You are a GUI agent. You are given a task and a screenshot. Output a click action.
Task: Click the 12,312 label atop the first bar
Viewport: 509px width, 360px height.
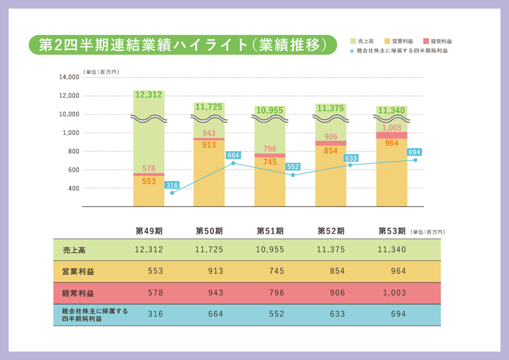click(149, 95)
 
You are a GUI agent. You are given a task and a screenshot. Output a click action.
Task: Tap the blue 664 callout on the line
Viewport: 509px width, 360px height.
click(233, 155)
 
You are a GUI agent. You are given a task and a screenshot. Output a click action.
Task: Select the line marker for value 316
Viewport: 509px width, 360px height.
click(172, 193)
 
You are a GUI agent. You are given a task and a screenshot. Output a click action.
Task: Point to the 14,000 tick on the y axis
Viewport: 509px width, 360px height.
click(69, 77)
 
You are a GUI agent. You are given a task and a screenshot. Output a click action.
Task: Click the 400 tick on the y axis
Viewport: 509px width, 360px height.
click(73, 188)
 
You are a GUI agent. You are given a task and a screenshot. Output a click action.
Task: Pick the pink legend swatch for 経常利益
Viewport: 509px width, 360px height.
click(426, 41)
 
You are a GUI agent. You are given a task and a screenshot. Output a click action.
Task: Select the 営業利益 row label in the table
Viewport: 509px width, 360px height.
click(78, 271)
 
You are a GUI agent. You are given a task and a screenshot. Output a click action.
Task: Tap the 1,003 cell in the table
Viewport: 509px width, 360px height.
click(395, 293)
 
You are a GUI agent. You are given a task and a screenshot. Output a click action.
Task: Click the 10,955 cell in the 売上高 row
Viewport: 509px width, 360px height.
click(270, 250)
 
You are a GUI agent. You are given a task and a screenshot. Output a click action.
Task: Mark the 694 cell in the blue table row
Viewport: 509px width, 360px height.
click(398, 314)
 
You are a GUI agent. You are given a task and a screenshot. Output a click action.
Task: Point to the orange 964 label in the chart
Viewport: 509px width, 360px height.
click(392, 143)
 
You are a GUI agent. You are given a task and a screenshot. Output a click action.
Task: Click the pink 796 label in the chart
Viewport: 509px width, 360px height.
click(270, 149)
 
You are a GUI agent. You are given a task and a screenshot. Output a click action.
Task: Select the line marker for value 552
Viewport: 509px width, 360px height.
click(293, 175)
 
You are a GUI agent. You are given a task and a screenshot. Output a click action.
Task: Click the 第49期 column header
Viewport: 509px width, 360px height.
click(149, 231)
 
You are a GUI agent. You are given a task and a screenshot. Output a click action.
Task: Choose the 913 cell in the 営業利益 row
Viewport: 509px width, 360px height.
click(216, 271)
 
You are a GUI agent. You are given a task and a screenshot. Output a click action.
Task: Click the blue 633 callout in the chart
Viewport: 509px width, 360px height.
click(350, 159)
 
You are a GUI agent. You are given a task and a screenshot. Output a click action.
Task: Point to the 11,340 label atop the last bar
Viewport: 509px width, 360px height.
click(392, 110)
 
